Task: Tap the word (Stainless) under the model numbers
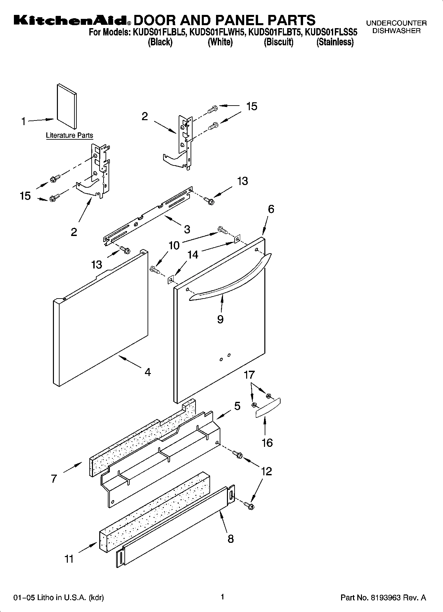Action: (x=335, y=42)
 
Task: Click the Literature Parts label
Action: (x=69, y=135)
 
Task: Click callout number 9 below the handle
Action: (x=220, y=319)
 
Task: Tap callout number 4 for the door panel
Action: (x=148, y=372)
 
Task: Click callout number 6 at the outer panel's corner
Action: (x=271, y=209)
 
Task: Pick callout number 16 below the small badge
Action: (x=267, y=443)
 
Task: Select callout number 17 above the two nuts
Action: (x=249, y=375)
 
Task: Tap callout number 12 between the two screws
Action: (x=266, y=471)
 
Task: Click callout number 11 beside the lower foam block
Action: (x=69, y=559)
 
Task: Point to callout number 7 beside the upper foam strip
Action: (x=54, y=479)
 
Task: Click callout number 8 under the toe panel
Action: (x=231, y=539)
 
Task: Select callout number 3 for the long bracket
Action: (x=187, y=229)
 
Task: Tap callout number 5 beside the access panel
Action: (x=237, y=406)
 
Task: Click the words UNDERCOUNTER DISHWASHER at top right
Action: (x=396, y=27)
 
